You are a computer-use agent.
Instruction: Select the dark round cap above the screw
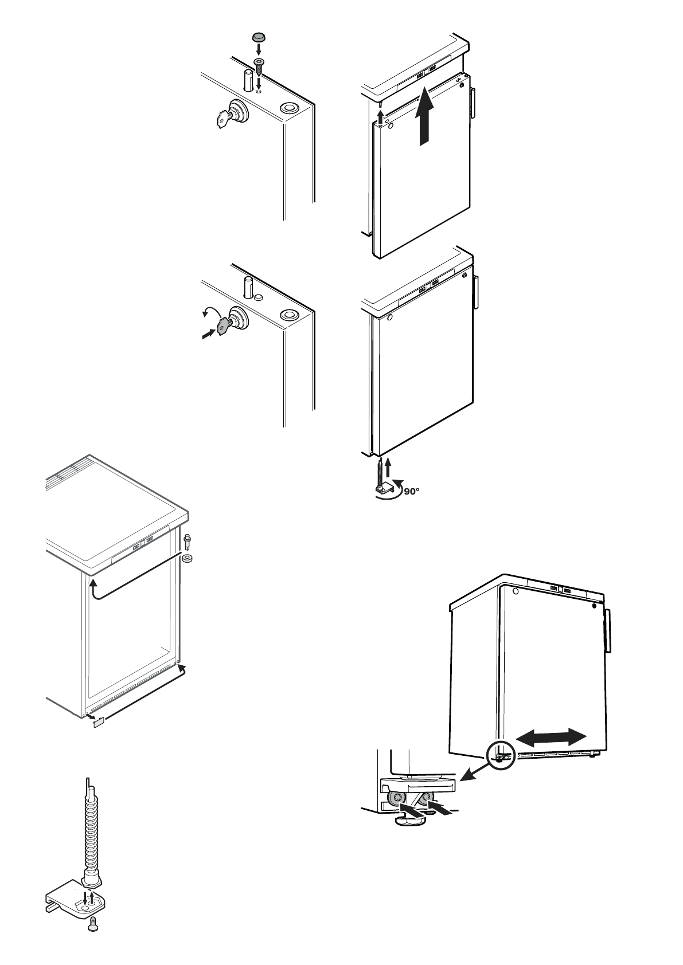click(258, 38)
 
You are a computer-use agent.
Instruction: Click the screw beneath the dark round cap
click(259, 66)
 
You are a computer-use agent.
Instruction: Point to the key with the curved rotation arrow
click(223, 325)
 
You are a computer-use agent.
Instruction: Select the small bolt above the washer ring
click(187, 541)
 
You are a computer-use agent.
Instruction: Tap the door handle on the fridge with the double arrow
click(607, 631)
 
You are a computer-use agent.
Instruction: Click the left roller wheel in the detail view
click(396, 799)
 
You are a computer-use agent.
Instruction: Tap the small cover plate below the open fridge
click(97, 723)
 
